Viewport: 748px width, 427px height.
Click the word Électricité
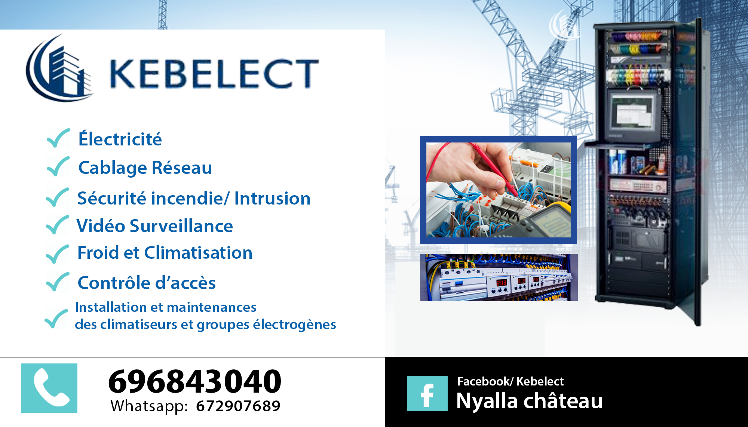tap(120, 139)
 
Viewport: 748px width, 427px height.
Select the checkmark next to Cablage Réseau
tap(58, 166)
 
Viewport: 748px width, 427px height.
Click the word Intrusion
tap(272, 198)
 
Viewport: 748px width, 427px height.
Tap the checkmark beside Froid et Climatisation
tap(57, 254)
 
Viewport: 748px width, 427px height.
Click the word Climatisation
tap(198, 253)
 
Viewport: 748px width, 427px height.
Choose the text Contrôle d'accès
tap(147, 282)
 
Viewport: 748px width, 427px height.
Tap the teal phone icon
tap(49, 388)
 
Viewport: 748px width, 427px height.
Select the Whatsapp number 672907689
tap(238, 406)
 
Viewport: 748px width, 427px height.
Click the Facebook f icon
tap(427, 394)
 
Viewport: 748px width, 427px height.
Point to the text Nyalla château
tap(529, 401)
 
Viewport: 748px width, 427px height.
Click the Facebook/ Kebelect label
tap(510, 381)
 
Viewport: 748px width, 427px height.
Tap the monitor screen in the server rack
tap(632, 112)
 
